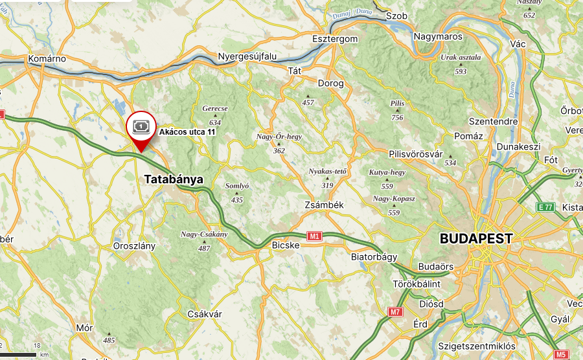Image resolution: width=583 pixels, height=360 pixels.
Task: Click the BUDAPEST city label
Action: tap(476, 238)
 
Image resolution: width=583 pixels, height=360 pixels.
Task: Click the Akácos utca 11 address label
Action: tap(187, 131)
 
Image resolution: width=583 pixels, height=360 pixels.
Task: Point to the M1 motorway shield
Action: tap(315, 236)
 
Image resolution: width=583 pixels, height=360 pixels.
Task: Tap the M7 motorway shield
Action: tap(395, 312)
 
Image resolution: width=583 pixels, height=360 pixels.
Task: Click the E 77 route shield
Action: tap(545, 207)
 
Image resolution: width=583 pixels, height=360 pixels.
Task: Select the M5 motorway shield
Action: tap(561, 354)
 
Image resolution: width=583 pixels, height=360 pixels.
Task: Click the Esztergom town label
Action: tap(335, 39)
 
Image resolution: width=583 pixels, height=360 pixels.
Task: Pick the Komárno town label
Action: tap(47, 59)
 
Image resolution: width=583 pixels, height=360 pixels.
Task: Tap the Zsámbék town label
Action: tap(323, 205)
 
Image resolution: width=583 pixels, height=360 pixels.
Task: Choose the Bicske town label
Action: tap(286, 245)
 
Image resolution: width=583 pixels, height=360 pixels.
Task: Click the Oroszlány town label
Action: tap(134, 246)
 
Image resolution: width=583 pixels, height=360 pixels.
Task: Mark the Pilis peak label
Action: tap(397, 104)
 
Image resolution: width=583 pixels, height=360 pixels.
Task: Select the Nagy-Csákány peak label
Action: tap(204, 234)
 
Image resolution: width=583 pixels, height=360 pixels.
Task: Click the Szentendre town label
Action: tap(493, 121)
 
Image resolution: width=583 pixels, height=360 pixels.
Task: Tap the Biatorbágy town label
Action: tap(374, 257)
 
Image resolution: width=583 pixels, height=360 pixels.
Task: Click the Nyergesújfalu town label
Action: tap(247, 56)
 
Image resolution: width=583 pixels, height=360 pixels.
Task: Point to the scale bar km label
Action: tap(44, 355)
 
